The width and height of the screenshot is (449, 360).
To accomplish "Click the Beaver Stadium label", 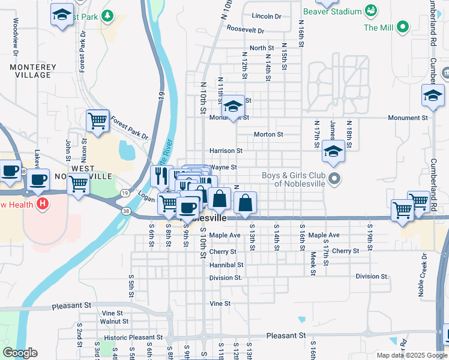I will pos(333,11).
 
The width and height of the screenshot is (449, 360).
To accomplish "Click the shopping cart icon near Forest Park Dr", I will pos(97,121).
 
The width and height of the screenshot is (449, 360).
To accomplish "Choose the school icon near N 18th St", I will pos(333,151).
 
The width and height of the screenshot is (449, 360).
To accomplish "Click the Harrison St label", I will pos(226,151).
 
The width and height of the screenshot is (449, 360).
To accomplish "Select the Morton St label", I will pos(268,135).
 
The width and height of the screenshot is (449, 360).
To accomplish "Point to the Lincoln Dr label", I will pos(267,16).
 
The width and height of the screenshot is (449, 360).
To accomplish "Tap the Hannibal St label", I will pos(226,265).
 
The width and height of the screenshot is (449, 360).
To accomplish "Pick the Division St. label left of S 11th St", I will pos(226,278).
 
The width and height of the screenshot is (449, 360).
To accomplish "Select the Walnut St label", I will pos(110,322).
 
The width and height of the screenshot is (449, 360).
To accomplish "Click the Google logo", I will pos(20,353).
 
